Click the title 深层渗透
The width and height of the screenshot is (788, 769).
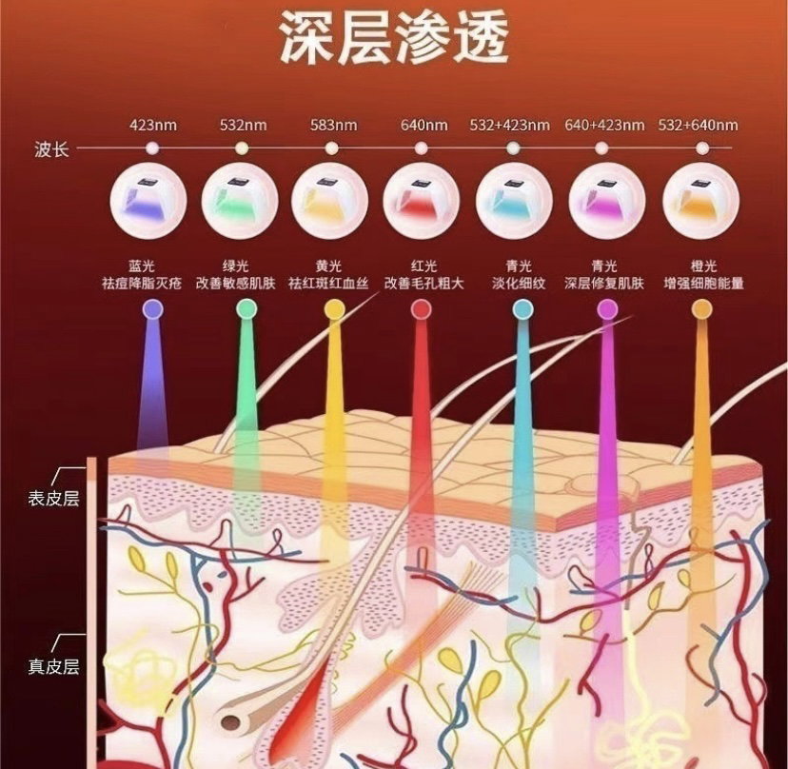[x=393, y=39]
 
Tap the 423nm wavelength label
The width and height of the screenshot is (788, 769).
[x=153, y=125]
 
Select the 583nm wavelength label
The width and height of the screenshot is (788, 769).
[x=334, y=125]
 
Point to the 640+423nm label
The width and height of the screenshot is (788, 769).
[x=604, y=125]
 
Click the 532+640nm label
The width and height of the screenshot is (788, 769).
[x=698, y=125]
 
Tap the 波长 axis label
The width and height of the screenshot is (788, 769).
[x=51, y=149]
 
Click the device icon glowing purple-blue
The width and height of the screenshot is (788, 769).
[x=148, y=201]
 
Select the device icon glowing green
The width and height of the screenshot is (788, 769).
[x=240, y=201]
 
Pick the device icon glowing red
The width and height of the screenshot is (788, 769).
[x=422, y=201]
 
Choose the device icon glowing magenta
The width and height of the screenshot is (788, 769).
[x=607, y=201]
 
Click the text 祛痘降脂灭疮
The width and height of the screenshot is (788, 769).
[x=142, y=284]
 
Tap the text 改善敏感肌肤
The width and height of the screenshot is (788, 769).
[x=236, y=284]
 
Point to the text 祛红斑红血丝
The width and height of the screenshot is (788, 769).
[x=328, y=284]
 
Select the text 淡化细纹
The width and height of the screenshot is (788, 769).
[x=519, y=284]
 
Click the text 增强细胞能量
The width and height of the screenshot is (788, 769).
[x=703, y=284]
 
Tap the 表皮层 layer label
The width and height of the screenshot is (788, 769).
[x=54, y=499]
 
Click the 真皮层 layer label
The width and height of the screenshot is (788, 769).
[x=54, y=666]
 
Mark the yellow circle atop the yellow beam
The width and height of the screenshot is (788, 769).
[x=335, y=309]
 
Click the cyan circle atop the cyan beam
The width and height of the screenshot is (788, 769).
[x=522, y=309]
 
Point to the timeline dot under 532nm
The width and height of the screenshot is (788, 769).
[x=243, y=148]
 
